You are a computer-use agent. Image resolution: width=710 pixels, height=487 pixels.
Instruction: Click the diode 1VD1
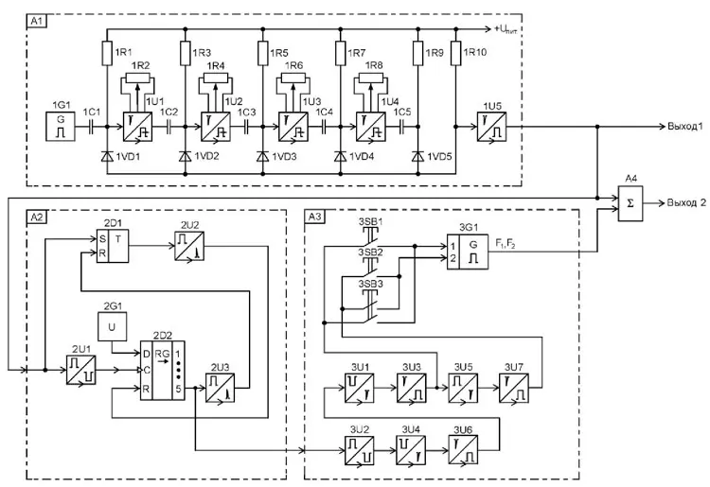103,154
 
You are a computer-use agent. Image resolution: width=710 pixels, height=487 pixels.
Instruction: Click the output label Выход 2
684,203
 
